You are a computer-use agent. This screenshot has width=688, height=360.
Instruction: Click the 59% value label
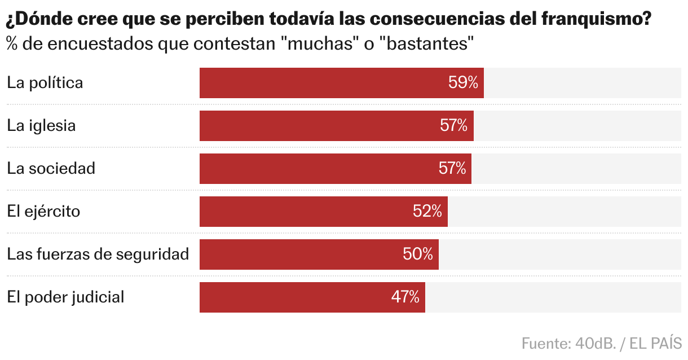point(463,83)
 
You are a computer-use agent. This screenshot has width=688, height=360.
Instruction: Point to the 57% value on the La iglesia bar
point(453,126)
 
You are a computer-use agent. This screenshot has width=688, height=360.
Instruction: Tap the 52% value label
point(427,212)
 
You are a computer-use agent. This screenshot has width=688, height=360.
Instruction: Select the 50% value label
point(418,254)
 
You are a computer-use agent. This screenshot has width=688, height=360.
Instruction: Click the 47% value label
point(405,297)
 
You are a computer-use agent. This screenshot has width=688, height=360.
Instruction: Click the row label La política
point(45,83)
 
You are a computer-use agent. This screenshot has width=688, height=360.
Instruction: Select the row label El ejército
point(43,212)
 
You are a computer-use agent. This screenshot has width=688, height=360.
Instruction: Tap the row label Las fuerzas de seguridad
point(98,254)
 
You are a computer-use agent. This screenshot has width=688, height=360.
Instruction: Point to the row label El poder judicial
point(65,297)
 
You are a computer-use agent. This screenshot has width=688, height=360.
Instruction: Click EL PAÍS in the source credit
point(656,343)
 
